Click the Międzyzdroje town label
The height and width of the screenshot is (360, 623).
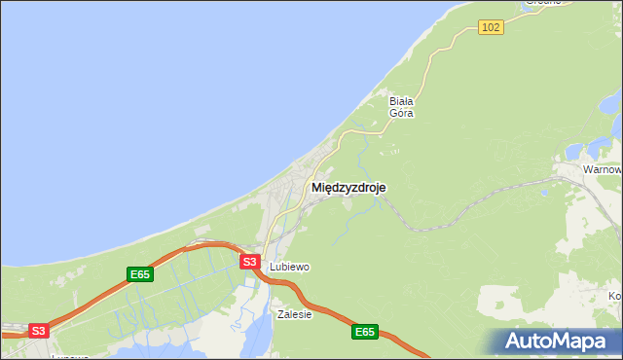(348, 188)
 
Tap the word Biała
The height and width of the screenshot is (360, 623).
(402, 100)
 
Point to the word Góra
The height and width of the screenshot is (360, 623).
(402, 113)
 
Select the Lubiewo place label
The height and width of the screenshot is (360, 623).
(289, 267)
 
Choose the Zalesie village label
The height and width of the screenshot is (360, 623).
(294, 314)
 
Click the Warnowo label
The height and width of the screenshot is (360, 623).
(603, 169)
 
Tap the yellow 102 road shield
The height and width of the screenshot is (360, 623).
(491, 27)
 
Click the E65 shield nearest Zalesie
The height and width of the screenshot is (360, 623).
(363, 333)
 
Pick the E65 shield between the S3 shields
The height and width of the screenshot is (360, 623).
(140, 275)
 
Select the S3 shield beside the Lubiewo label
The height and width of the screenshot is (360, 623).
(250, 262)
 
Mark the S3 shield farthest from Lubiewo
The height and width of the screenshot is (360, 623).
(38, 331)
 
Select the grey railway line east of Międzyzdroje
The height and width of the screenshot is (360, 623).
(458, 220)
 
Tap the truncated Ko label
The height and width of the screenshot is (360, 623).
(614, 296)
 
